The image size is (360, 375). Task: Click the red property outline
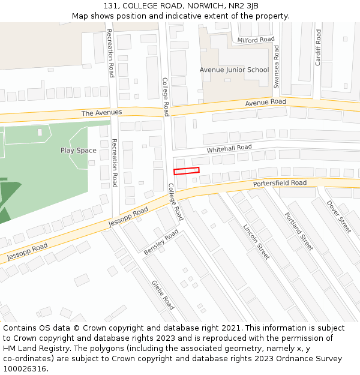coord(186,171)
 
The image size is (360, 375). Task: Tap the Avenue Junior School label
coord(234,70)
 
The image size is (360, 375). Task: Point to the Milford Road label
coord(256,40)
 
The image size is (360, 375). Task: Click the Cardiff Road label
coord(318,47)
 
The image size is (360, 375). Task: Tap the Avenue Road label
coord(265,103)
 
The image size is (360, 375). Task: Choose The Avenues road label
coord(101,113)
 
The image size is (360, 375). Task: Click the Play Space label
coord(78,151)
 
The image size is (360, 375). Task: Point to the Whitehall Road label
coord(229,148)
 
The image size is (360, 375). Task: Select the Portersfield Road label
coord(280,183)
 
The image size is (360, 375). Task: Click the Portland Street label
coord(299,232)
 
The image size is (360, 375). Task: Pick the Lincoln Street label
coord(257,242)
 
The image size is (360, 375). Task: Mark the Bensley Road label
coord(161,242)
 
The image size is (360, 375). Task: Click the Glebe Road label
coord(163,295)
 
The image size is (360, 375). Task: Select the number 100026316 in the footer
coord(25,369)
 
